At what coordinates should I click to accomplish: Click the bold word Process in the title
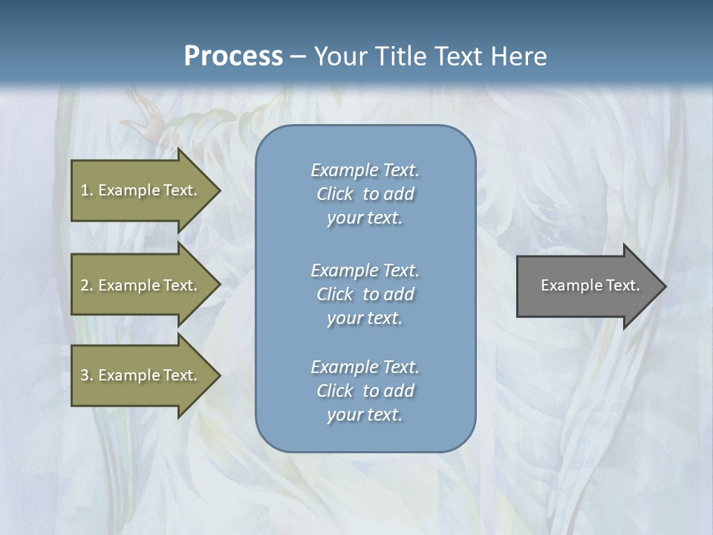tap(233, 56)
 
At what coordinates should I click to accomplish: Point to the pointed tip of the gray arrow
tap(664, 286)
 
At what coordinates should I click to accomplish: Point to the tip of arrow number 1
tap(218, 190)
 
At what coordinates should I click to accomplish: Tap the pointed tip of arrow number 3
tap(218, 375)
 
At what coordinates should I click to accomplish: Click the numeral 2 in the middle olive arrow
tap(85, 285)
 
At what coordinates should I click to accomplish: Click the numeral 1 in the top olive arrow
tap(85, 190)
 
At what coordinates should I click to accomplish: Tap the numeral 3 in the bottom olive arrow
tap(85, 375)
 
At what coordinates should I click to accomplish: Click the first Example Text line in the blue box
tap(365, 170)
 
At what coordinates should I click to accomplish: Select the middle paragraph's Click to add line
tap(365, 294)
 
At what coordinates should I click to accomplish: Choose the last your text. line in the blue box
tap(365, 415)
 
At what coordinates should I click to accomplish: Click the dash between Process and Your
tap(298, 56)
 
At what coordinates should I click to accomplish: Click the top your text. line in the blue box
tap(365, 218)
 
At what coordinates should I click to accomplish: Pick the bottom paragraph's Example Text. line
tap(365, 367)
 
